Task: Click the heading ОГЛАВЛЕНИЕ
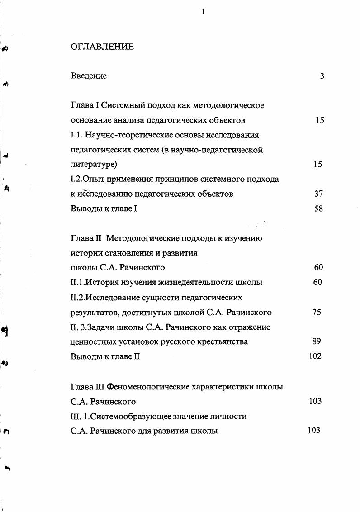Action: (102, 47)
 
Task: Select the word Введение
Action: (89, 76)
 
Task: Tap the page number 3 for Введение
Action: (322, 76)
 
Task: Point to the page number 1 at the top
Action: (203, 12)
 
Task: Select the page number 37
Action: (318, 194)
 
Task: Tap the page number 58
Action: (318, 209)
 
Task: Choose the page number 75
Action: (317, 313)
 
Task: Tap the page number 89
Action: (317, 341)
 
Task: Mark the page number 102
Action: (315, 356)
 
